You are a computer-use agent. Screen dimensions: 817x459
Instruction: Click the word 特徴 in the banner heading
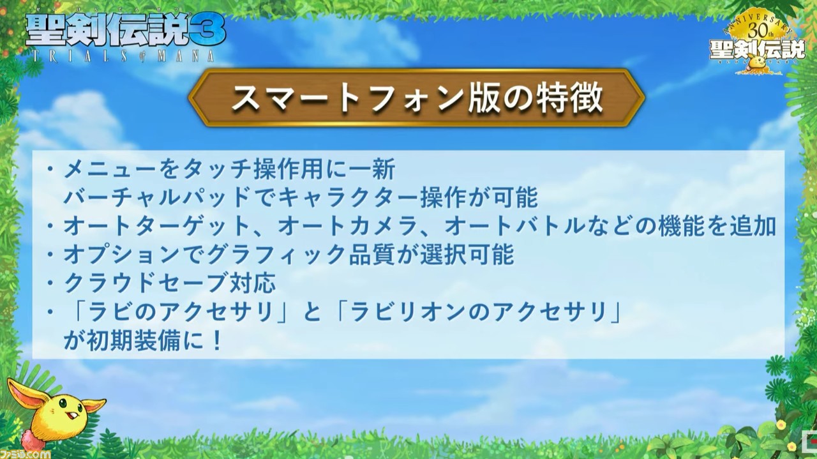569,98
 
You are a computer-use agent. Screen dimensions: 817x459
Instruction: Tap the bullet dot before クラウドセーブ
50,283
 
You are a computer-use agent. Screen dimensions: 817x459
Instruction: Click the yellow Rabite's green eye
63,403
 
